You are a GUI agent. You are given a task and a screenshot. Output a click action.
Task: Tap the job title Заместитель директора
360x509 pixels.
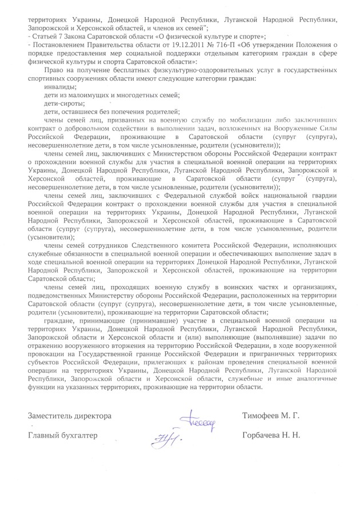point(62,414)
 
